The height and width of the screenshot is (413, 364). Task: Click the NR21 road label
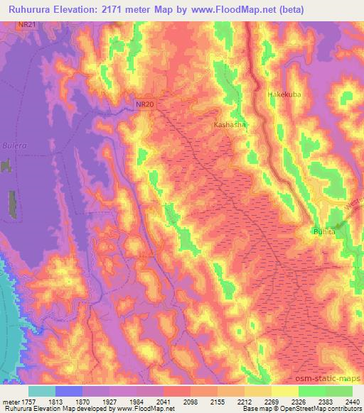point(27,24)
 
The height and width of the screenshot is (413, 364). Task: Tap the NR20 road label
point(145,104)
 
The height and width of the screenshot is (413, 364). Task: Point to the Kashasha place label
point(230,124)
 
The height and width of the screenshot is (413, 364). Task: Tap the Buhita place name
point(323,232)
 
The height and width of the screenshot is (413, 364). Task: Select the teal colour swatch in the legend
point(41,391)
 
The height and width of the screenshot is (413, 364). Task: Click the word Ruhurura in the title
point(29,9)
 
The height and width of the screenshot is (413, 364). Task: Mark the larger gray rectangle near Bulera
point(12,204)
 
